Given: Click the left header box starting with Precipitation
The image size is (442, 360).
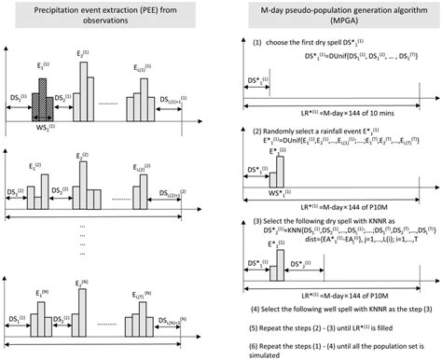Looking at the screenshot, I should coord(109,21).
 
